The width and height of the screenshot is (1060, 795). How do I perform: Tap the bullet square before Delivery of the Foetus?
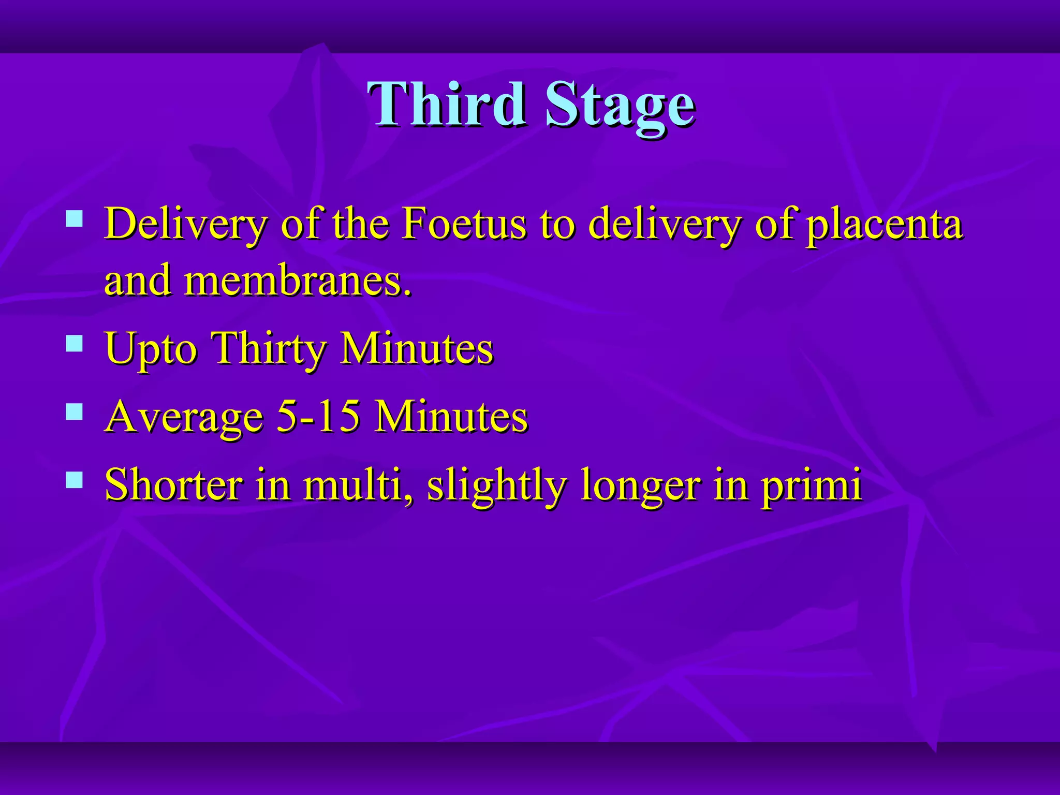point(75,218)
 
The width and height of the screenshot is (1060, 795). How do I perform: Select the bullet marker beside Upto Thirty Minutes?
point(75,343)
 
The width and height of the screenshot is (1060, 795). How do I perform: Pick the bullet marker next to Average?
point(75,411)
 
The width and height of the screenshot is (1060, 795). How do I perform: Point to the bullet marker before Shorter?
point(75,480)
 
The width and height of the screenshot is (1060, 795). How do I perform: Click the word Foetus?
point(464,224)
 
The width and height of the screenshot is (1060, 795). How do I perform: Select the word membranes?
point(297,281)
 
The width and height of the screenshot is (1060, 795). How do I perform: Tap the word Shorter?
point(173,484)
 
